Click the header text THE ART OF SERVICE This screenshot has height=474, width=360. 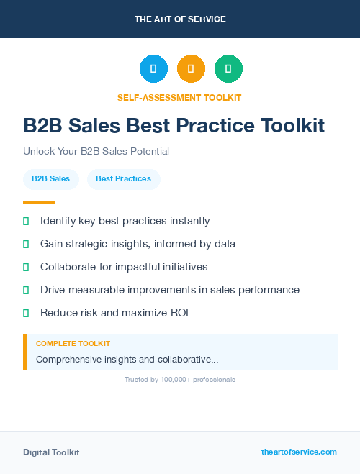click(180, 19)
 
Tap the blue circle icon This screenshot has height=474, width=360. click(153, 69)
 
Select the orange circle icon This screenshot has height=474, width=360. click(191, 69)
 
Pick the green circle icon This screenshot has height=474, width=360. click(228, 69)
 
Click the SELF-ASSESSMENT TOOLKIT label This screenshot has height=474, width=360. click(179, 97)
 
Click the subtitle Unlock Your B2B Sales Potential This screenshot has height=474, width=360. click(96, 152)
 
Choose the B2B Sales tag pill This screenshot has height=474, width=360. click(50, 178)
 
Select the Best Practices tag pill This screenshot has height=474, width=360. click(123, 178)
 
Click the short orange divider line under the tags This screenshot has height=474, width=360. click(39, 202)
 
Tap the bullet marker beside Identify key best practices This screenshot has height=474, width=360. click(26, 221)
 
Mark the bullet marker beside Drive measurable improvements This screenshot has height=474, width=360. click(26, 290)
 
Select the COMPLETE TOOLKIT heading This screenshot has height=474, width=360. click(73, 344)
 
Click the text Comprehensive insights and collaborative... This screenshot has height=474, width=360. click(127, 359)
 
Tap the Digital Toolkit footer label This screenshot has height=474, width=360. click(51, 452)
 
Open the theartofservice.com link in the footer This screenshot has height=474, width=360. click(299, 452)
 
